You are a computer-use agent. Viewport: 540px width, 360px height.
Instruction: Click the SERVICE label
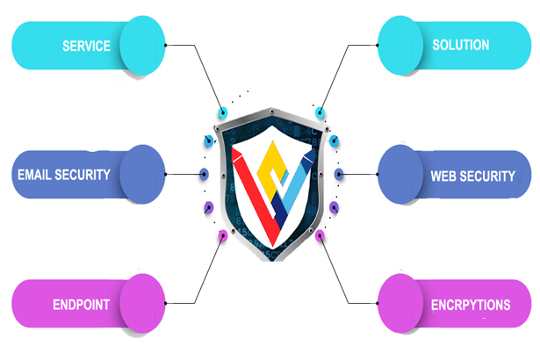86,46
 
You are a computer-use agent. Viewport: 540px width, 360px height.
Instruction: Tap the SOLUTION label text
461,44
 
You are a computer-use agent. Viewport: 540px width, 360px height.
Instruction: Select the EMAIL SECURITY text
64,174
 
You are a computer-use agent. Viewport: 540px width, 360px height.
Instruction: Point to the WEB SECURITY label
472,176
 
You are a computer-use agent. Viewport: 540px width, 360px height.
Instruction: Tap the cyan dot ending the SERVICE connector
223,113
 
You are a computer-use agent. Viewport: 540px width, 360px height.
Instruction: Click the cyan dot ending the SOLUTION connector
320,113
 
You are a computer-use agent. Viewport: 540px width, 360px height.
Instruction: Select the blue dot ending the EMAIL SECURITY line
204,174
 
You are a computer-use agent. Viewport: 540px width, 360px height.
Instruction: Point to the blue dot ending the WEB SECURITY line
339,174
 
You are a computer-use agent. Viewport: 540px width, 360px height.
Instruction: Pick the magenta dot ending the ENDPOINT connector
222,235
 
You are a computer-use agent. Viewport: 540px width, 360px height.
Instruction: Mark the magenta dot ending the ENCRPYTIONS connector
320,235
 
